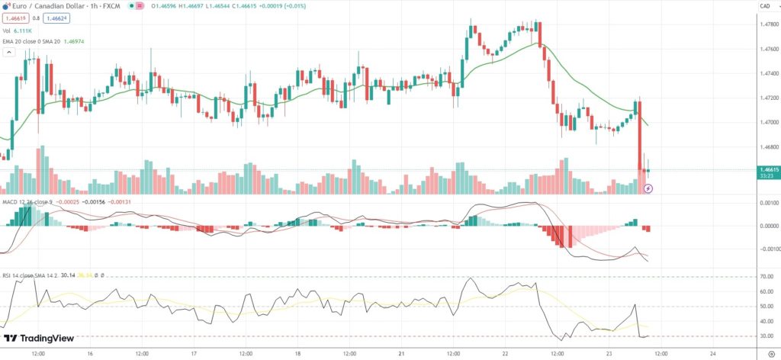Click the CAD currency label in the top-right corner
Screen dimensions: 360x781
click(x=764, y=7)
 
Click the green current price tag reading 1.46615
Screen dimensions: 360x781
click(x=768, y=170)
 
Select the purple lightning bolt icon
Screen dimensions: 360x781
click(x=648, y=187)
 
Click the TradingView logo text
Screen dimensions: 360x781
click(x=42, y=339)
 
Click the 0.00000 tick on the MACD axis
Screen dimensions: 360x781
click(x=767, y=226)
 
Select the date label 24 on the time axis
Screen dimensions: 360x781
click(x=712, y=354)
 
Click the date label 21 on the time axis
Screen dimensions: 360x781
click(x=400, y=354)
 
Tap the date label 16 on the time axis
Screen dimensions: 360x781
click(x=89, y=354)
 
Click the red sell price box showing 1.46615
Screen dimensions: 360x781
click(x=14, y=17)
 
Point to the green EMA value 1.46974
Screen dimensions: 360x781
click(x=75, y=41)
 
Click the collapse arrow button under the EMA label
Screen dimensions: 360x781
click(x=9, y=53)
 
